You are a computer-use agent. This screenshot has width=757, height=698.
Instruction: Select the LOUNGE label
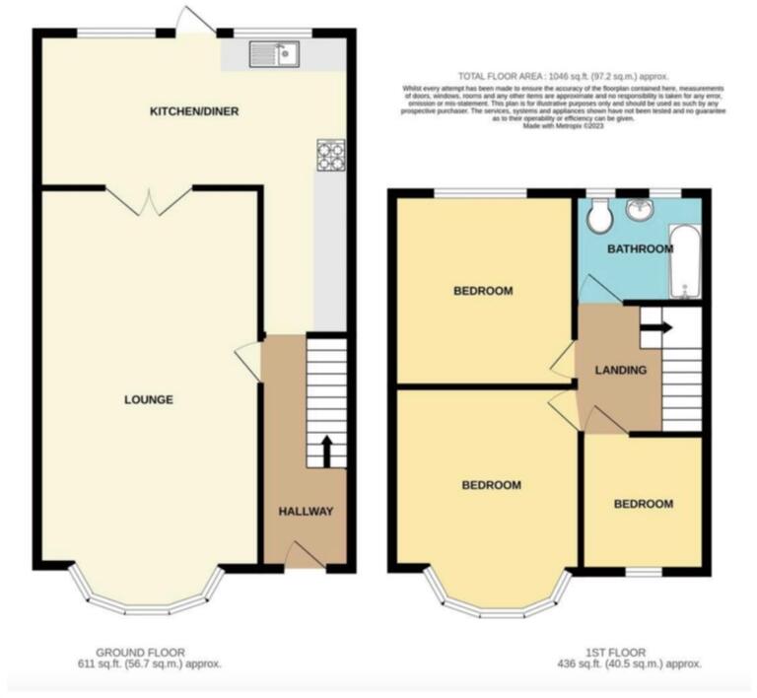[149, 399]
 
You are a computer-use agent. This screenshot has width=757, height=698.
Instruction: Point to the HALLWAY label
[306, 512]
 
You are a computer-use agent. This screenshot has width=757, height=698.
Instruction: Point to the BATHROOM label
[640, 249]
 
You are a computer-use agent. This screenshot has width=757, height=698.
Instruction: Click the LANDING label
[621, 371]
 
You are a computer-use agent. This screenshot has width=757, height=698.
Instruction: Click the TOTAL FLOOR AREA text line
[563, 77]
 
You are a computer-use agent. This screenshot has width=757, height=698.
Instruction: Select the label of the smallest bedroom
[644, 504]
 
